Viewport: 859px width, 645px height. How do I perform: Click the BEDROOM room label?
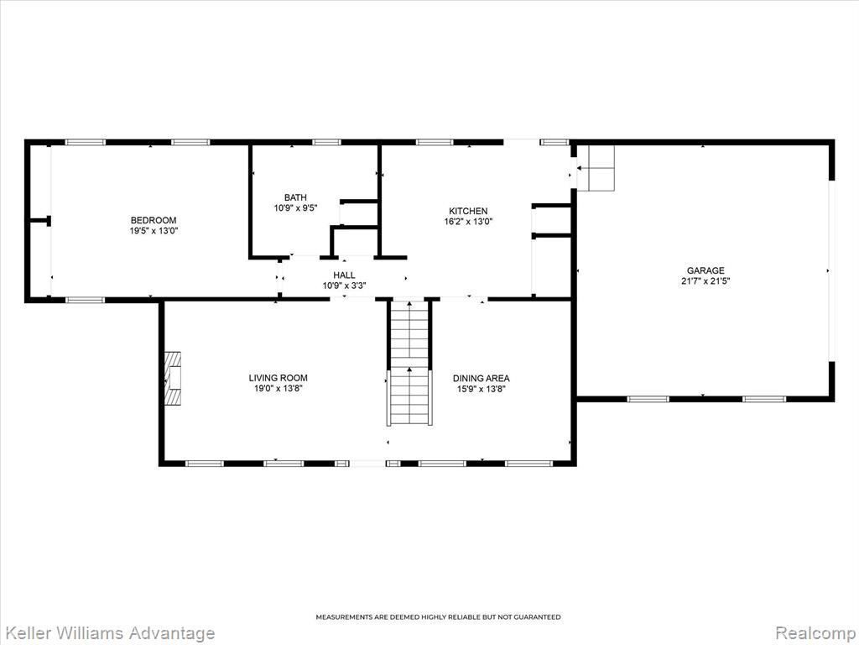[x=154, y=221]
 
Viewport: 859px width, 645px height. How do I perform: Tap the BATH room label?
[x=295, y=197]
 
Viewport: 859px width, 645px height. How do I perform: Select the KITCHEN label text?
[x=468, y=211]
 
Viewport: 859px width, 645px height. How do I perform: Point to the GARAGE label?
[x=705, y=270]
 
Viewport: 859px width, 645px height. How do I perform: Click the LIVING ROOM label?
[x=279, y=378]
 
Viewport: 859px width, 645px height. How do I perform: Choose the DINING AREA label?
[x=481, y=379]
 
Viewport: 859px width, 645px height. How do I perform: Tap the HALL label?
[x=344, y=275]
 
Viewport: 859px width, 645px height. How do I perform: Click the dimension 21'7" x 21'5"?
[x=705, y=281]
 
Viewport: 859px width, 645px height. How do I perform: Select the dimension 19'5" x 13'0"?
[x=154, y=231]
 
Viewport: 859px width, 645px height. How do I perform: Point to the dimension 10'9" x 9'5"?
[x=296, y=208]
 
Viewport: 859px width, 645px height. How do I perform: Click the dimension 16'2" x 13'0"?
[x=468, y=222]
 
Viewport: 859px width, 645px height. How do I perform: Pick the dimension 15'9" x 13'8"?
[x=481, y=389]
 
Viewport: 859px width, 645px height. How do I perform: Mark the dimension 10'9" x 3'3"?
[x=344, y=286]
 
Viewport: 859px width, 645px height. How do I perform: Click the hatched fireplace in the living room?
[x=174, y=379]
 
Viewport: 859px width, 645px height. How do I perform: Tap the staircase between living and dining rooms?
[x=409, y=363]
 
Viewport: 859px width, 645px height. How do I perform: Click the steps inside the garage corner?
[x=596, y=168]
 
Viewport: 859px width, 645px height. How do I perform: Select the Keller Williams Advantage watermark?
[x=107, y=633]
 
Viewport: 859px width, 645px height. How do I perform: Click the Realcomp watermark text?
[x=815, y=633]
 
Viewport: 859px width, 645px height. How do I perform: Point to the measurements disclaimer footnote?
[x=438, y=617]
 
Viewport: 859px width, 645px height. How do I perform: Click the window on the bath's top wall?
[x=326, y=143]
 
